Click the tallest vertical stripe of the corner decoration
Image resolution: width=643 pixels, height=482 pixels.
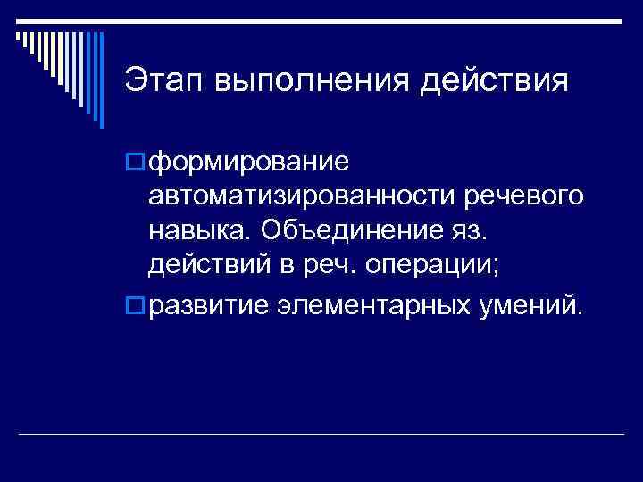click(x=100, y=76)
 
